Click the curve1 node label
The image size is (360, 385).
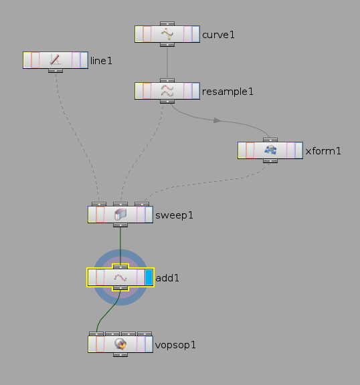click(218, 35)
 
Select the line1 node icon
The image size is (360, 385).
click(56, 60)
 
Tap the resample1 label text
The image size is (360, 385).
click(228, 92)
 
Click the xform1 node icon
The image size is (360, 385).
click(270, 150)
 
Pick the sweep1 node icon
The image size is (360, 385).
click(120, 215)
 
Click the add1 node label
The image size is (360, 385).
click(167, 278)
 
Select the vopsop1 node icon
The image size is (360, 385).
click(120, 344)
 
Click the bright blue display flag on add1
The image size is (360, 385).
click(149, 277)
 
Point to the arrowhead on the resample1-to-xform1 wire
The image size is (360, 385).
click(217, 120)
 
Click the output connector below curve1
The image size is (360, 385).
click(167, 45)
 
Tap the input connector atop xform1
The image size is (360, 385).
click(270, 140)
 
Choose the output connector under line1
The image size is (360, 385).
click(56, 71)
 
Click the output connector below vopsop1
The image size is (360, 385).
click(120, 355)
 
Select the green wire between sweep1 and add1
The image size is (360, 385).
click(120, 246)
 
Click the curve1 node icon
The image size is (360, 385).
click(167, 34)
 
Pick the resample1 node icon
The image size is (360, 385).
click(167, 91)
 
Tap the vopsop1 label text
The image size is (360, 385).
click(175, 345)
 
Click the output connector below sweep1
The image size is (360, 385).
click(120, 225)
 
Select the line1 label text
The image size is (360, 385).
click(101, 61)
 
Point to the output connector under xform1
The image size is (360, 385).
click(270, 161)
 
